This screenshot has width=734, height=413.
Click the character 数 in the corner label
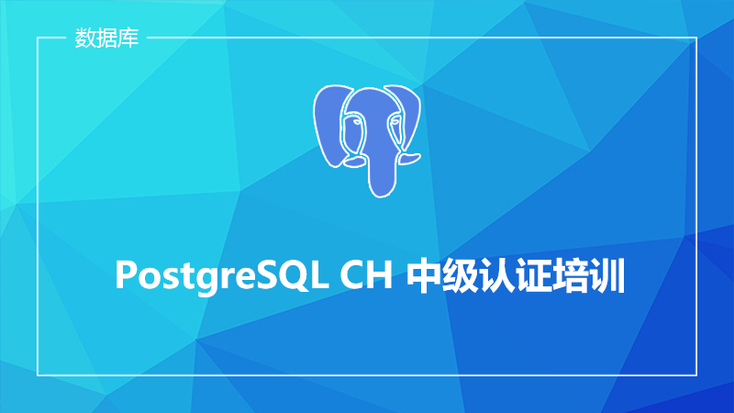(85, 38)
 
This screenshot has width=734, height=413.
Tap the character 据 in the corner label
(106, 38)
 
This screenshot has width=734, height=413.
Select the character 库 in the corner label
(128, 38)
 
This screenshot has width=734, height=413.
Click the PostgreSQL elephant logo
(367, 140)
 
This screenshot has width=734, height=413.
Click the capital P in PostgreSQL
(126, 274)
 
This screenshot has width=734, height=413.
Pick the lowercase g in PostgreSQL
(200, 280)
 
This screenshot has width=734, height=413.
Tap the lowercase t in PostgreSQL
(180, 276)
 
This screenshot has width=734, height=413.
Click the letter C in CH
(351, 274)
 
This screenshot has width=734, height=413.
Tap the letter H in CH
(379, 274)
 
